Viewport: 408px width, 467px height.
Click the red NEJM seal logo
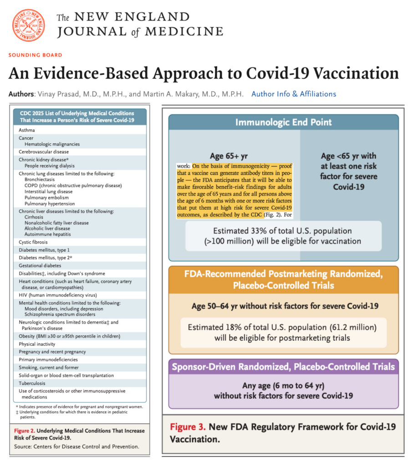tap(28, 26)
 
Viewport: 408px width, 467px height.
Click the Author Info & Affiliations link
tap(294, 94)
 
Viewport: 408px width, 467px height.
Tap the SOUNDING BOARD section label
tap(35, 55)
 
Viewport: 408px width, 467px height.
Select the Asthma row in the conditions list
tap(27, 130)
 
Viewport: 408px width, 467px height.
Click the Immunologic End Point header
tap(283, 122)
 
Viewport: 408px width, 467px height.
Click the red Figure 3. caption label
tap(187, 427)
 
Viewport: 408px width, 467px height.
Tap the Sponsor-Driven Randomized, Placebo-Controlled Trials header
tap(283, 366)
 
